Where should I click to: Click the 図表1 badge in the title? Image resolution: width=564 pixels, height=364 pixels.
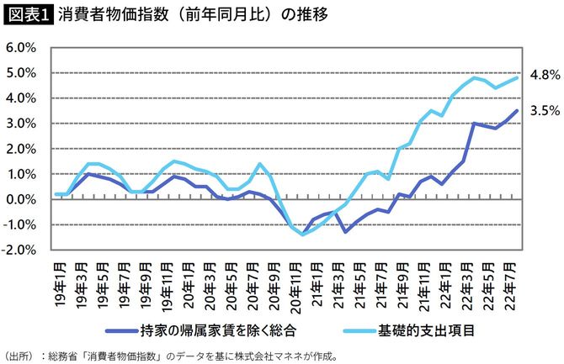[29, 15]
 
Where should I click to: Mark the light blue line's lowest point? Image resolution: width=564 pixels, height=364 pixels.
[301, 235]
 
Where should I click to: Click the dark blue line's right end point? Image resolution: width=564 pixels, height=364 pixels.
[516, 111]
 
